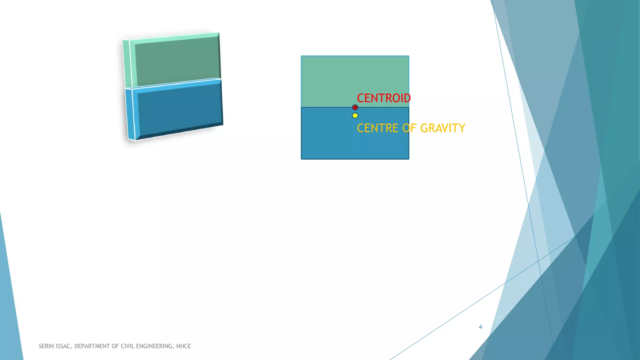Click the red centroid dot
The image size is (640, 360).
tap(355, 107)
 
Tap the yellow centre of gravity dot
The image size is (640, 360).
tap(355, 116)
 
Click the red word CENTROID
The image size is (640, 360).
tap(384, 98)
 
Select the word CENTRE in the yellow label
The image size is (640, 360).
tap(377, 128)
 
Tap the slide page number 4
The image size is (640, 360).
tap(480, 327)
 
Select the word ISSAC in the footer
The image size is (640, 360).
tap(64, 346)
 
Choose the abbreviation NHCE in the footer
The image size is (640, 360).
tap(183, 346)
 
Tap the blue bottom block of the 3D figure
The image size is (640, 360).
tap(180, 109)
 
